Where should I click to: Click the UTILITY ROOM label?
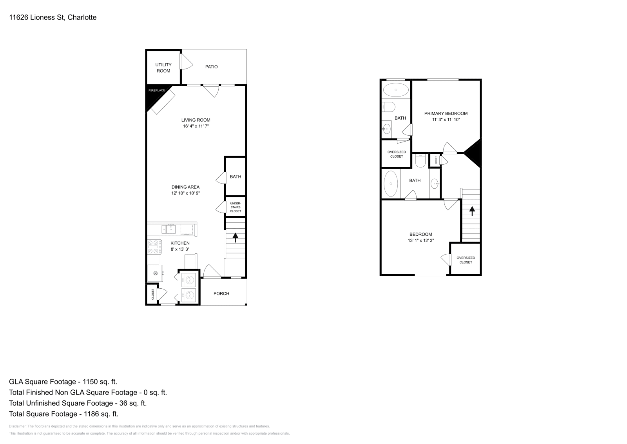pos(163,68)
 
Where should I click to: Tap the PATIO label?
pos(211,67)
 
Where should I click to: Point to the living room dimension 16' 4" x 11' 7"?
pos(196,126)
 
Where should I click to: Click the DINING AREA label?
pos(185,187)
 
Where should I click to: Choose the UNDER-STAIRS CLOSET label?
pos(236,207)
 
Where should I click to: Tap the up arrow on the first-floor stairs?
pos(236,237)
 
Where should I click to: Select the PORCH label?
pos(221,293)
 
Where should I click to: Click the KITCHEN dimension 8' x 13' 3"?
pos(180,249)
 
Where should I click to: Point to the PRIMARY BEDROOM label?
pos(446,113)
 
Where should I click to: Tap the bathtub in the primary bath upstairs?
pos(395,90)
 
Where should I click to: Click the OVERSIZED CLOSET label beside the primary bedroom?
pos(396,154)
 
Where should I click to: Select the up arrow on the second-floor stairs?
pos(472,211)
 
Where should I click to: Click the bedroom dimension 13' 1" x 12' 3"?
pos(420,240)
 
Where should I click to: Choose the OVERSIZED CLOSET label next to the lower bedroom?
pos(466,260)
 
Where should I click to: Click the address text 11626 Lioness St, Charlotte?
pos(53,17)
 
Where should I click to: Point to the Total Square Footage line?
pos(63,414)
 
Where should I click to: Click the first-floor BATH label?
pos(236,177)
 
